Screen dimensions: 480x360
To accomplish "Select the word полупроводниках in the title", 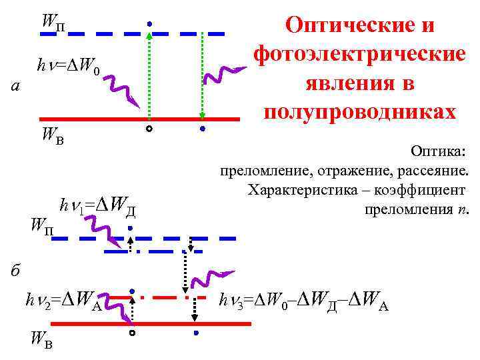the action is pyautogui.click(x=360, y=110).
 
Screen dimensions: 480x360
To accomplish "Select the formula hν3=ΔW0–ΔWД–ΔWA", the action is pyautogui.click(x=304, y=303).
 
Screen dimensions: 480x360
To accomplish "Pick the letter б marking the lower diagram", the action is pyautogui.click(x=17, y=270).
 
